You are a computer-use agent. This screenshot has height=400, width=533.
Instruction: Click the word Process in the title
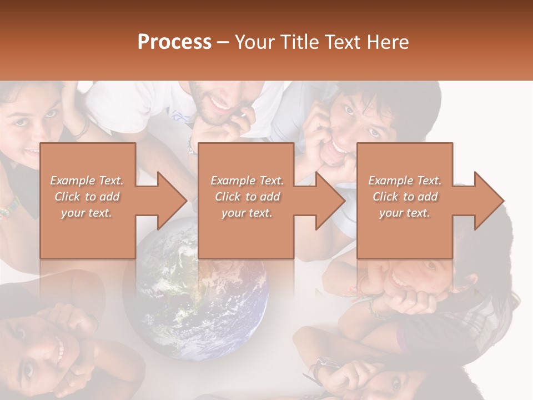click(x=174, y=42)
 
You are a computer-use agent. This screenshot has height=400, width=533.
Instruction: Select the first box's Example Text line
click(x=87, y=181)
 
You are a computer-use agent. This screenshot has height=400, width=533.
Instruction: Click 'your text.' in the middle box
click(x=247, y=213)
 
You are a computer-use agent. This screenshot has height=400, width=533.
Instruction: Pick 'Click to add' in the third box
click(x=404, y=197)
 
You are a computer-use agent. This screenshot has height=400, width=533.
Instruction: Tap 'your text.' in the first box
click(x=87, y=213)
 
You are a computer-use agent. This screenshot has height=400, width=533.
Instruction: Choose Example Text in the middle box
click(x=247, y=181)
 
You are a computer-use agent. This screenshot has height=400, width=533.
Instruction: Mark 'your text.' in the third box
click(x=404, y=213)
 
